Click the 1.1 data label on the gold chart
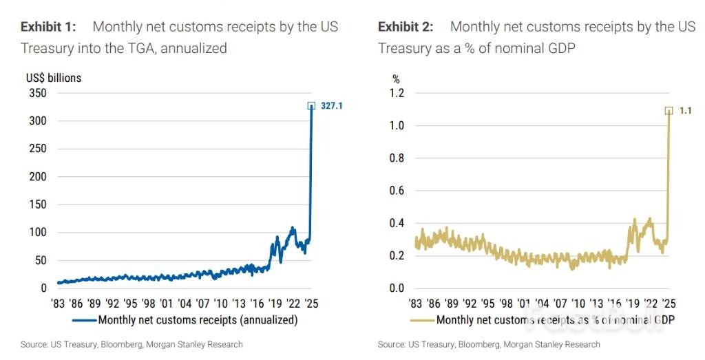[x=686, y=110]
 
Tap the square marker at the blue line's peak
[x=311, y=106]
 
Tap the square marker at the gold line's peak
[x=669, y=110]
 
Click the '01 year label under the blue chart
[x=166, y=303]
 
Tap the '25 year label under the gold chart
[x=669, y=303]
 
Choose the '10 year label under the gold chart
[x=578, y=303]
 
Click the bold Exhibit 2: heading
[x=406, y=28]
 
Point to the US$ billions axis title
[x=53, y=78]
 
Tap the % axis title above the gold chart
[x=396, y=78]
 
